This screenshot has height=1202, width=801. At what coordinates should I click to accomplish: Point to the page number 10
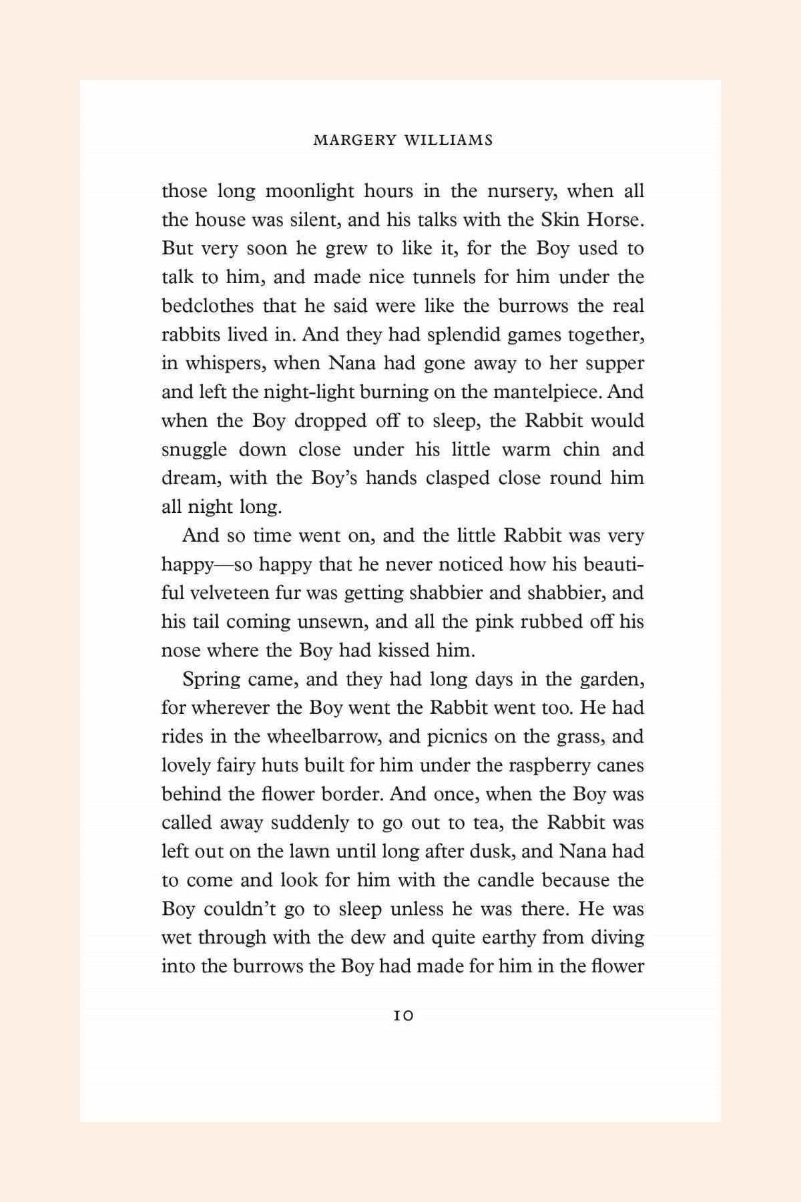(x=403, y=1016)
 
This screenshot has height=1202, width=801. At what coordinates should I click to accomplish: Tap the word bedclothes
(x=208, y=306)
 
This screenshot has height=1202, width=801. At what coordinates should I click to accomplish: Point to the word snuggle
(x=194, y=449)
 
